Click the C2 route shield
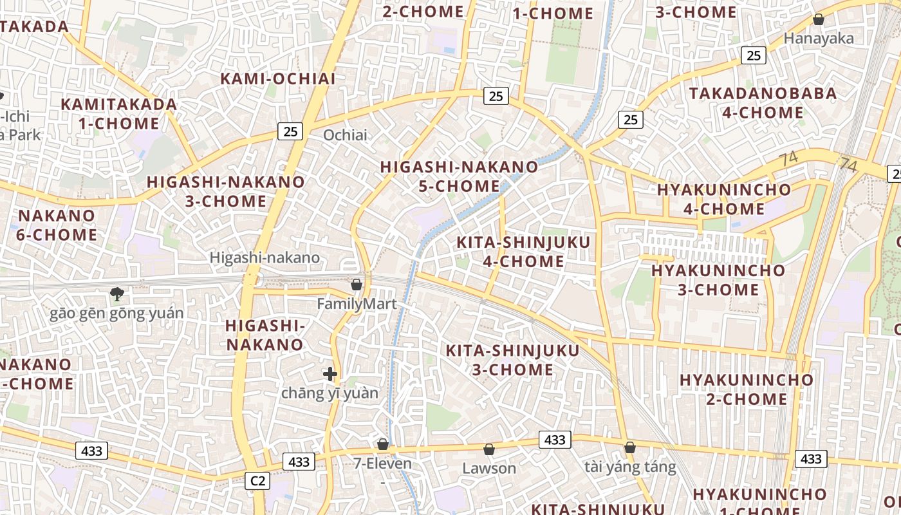coord(258,480)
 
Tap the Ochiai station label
coord(345,135)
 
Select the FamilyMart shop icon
coord(356,284)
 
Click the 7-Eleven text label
coord(383,463)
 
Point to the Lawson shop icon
coord(488,449)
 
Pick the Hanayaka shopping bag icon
coord(819,19)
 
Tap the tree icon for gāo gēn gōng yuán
coord(117,294)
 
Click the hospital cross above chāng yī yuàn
coord(330,373)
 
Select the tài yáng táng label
coord(630,467)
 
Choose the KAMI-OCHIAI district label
coord(278,79)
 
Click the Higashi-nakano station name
coord(265,257)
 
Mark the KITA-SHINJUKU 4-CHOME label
coord(523,252)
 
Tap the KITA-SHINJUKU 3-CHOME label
coord(513,360)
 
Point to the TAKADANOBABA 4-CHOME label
coord(763,103)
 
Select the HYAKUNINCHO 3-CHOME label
coord(718,279)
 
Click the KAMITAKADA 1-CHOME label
coord(119,113)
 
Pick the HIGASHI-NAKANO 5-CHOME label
coord(459,176)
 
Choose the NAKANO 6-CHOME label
coord(57,225)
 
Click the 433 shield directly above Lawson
coord(554,440)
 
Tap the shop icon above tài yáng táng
coord(630,447)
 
